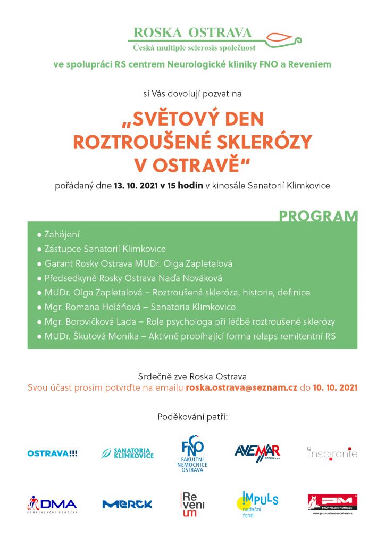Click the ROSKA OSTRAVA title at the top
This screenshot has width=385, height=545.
193,32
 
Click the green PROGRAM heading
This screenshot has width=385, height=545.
318,217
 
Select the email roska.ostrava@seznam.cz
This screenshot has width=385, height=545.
241,387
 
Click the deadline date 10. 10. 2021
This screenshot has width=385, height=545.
335,387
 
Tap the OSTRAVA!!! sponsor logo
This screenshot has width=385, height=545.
52,453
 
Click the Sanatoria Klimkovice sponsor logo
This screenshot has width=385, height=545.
128,453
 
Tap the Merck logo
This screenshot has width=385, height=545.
128,504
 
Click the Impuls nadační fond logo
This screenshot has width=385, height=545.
257,503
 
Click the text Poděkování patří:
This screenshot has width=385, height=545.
192,415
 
